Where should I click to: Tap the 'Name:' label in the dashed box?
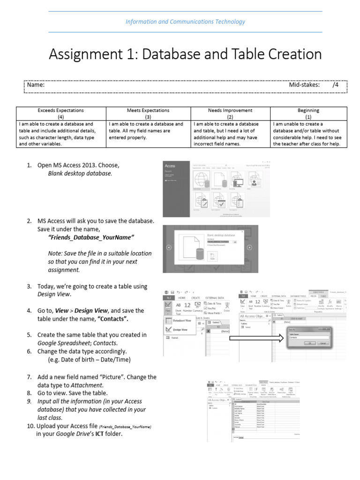[36, 85]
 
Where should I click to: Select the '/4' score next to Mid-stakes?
[335, 85]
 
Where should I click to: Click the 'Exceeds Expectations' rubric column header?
[61, 111]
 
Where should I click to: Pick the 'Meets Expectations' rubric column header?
[148, 111]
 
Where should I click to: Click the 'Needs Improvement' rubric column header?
[230, 111]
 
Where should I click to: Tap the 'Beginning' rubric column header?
[308, 111]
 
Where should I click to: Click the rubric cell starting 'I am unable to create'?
[308, 134]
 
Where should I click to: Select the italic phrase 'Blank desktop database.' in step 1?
[80, 173]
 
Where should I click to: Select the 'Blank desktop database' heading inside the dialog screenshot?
[221, 235]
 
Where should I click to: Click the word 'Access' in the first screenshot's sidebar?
[170, 166]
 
